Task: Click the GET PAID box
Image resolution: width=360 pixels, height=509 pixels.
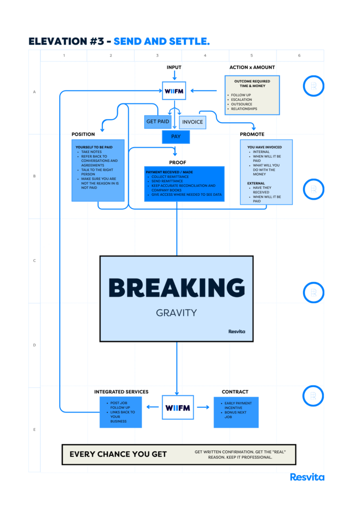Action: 158,122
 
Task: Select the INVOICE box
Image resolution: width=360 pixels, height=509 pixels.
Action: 192,122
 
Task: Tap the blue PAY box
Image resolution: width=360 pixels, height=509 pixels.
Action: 176,137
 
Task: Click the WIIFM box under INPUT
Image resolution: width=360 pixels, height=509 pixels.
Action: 174,91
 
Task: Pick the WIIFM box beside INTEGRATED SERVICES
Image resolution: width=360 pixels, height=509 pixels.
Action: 178,408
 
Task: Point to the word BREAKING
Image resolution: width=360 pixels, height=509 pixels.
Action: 177,288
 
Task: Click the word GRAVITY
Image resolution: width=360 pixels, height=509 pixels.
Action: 176,313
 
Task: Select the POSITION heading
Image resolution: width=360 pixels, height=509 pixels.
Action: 83,134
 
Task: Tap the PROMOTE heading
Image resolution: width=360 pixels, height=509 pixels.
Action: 252,134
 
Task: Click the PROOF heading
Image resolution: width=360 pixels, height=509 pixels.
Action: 178,163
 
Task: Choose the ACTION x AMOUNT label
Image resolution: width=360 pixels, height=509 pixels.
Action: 252,68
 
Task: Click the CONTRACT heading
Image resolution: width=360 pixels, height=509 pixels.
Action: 235,392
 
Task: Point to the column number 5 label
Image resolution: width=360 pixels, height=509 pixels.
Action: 252,56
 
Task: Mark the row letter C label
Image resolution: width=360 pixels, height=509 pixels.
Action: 34,260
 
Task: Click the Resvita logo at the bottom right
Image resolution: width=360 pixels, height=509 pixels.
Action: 307,477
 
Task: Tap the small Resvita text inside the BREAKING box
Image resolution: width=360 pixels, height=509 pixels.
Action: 237,332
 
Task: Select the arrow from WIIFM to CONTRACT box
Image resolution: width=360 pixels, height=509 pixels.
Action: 203,407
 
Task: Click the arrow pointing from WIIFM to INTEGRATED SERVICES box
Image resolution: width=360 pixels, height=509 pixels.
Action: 153,407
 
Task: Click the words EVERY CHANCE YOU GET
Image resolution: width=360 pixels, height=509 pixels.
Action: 118,454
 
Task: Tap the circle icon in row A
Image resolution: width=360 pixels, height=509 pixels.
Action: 314,76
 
